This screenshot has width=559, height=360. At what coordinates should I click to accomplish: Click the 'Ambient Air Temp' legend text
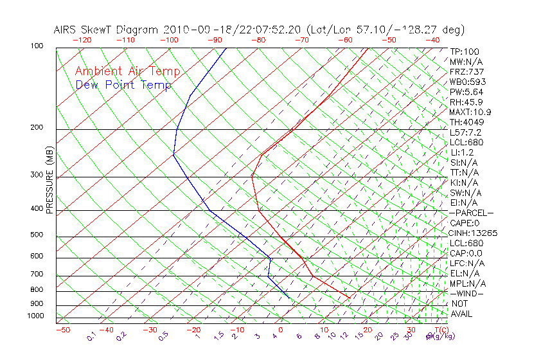[127, 71]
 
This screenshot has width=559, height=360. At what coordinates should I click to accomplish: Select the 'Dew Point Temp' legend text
[123, 85]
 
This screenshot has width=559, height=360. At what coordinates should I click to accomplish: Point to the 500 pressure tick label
[36, 235]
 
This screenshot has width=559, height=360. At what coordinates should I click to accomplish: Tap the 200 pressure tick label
[36, 128]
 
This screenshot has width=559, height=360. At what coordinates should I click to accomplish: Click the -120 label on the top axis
[82, 40]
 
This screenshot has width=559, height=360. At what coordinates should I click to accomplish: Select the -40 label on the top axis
[432, 40]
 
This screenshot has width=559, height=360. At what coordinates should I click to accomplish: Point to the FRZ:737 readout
[467, 71]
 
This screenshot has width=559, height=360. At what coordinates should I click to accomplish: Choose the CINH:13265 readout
[474, 233]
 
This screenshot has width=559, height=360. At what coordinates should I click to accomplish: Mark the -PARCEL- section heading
[472, 213]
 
